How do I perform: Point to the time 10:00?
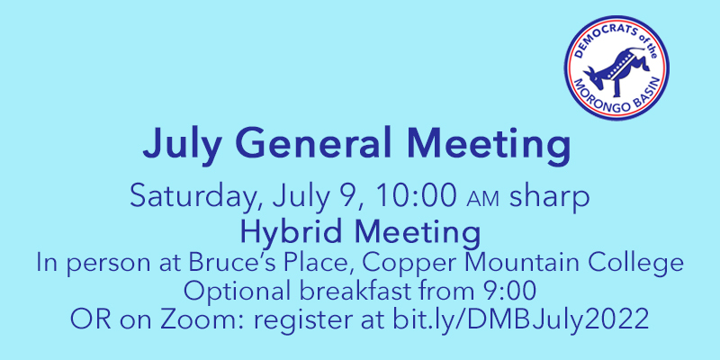pos(416,196)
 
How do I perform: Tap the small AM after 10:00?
pos(482,201)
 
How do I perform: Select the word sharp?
pos(549,198)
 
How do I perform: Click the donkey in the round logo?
pos(617,67)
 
